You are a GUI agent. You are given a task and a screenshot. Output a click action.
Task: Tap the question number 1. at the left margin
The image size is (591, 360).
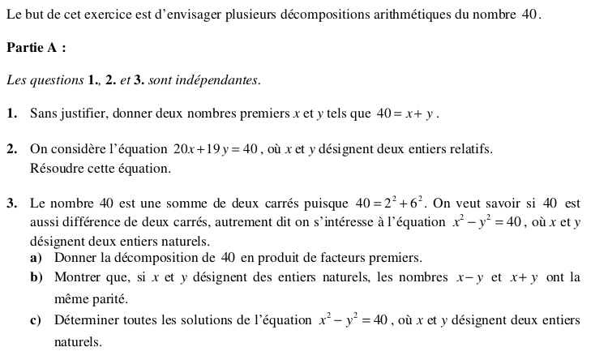point(12,114)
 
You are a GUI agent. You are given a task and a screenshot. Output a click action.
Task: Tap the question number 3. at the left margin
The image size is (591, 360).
point(12,203)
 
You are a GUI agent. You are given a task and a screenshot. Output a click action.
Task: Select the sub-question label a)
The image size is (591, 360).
point(36,258)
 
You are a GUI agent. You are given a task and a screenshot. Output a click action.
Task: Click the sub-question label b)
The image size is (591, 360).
point(36,278)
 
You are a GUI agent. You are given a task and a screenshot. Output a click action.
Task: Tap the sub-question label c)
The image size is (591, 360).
point(36,320)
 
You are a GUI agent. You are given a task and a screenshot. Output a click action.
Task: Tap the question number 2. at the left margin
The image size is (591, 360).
point(12,149)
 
